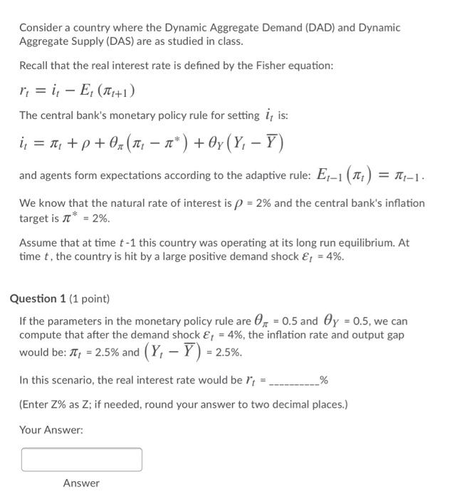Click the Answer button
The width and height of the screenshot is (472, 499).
click(81, 483)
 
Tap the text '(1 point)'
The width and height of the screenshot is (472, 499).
click(89, 299)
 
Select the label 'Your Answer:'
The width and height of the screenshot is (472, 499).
click(51, 430)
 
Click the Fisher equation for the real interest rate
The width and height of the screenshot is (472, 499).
click(77, 91)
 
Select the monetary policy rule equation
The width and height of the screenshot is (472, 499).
click(152, 143)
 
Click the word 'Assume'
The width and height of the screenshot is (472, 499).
click(37, 242)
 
